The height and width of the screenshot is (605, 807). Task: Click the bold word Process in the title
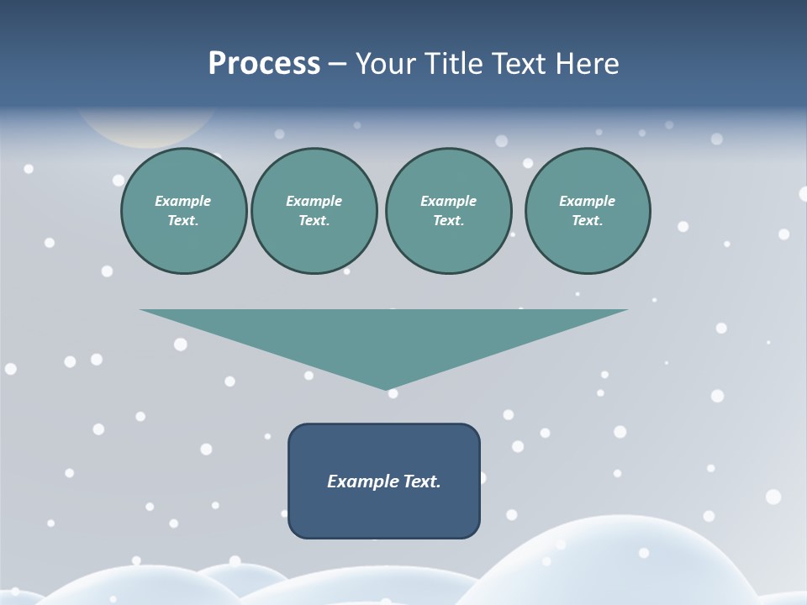click(x=264, y=64)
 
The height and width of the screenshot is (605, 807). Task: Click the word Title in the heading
click(x=452, y=64)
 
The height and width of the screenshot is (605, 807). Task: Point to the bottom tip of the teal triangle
click(x=388, y=387)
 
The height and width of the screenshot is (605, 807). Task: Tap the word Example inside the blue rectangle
click(x=361, y=481)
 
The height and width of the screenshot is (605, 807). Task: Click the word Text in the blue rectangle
click(x=420, y=481)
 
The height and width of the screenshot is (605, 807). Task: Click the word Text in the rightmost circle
click(x=587, y=221)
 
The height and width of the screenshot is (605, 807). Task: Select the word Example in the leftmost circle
click(x=183, y=201)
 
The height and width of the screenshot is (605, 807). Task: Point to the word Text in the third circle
click(x=448, y=221)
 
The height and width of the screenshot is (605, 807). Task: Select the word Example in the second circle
click(x=314, y=201)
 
